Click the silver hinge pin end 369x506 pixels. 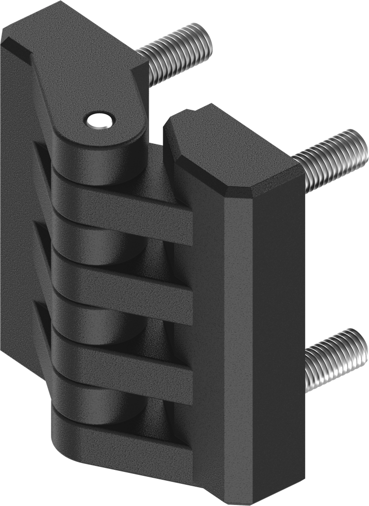99,120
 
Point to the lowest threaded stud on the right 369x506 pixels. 334,358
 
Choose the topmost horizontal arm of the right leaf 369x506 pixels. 124,203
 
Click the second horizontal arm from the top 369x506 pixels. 124,279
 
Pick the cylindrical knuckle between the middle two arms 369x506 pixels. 99,319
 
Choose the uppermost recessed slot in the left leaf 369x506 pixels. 42,158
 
